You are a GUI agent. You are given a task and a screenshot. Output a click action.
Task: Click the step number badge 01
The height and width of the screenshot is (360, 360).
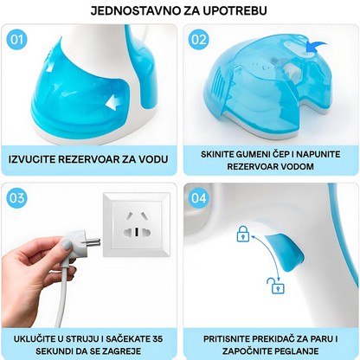pyautogui.click(x=16, y=40)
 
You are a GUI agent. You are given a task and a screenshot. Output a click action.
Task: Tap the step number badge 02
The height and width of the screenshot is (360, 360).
pyautogui.click(x=199, y=40)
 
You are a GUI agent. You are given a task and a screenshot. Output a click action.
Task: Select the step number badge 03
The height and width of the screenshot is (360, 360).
pyautogui.click(x=16, y=198)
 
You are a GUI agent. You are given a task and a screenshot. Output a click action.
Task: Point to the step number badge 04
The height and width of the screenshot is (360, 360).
pyautogui.click(x=199, y=198)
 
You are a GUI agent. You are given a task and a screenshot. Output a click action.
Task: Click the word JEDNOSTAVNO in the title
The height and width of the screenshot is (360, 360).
pyautogui.click(x=135, y=10)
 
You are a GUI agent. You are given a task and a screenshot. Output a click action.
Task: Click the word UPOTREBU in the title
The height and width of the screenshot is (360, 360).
pyautogui.click(x=235, y=10)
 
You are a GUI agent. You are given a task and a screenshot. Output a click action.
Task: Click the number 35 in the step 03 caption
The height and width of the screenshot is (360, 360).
pyautogui.click(x=157, y=338)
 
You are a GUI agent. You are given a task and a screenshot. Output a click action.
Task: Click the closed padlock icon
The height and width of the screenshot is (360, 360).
pyautogui.click(x=243, y=234)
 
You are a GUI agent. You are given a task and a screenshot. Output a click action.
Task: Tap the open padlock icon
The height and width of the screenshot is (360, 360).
pyautogui.click(x=276, y=286)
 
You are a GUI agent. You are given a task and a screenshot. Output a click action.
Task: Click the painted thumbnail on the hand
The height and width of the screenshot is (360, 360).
pyautogui.click(x=67, y=245)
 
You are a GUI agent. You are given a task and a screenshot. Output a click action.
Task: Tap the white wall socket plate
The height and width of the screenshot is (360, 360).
pyautogui.click(x=137, y=224)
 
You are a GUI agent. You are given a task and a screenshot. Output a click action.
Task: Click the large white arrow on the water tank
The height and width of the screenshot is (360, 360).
pyautogui.click(x=114, y=102)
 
